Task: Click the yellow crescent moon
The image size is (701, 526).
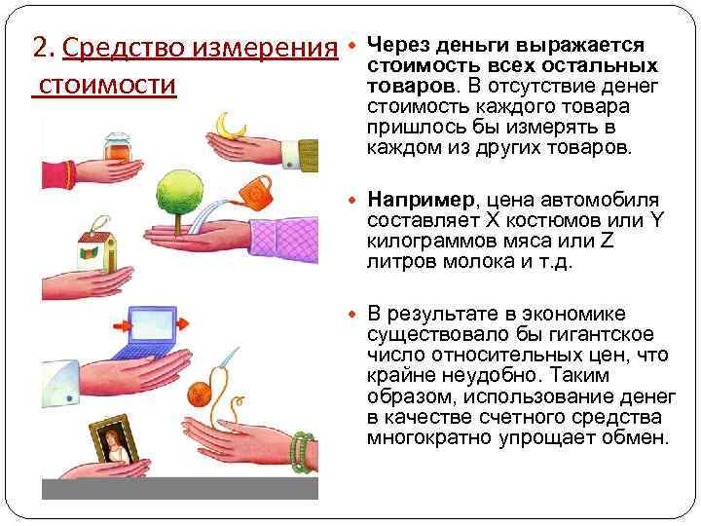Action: [x=232, y=124]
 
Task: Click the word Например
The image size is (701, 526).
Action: [x=422, y=201]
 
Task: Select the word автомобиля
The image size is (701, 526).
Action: [x=605, y=201]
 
